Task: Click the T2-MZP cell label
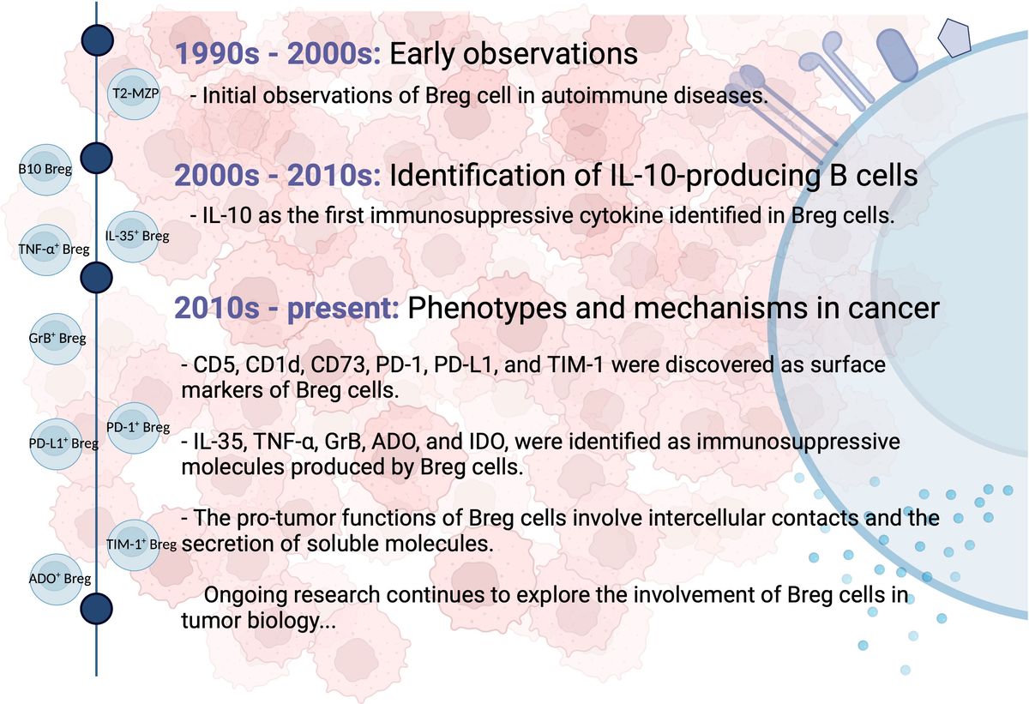pos(135,93)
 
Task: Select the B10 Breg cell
pos(45,170)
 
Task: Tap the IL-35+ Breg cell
pos(133,237)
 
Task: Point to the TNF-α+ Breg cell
pos(45,250)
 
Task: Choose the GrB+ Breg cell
pos(57,339)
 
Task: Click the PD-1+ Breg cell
pos(134,428)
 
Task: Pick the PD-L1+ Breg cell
pos(56,443)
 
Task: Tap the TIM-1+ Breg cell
pos(133,545)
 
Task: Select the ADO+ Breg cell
pos(56,579)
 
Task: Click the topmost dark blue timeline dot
pos(98,40)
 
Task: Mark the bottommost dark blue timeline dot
pos(96,609)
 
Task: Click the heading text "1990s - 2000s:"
pos(278,54)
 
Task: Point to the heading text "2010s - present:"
pos(286,308)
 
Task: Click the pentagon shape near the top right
pos(954,38)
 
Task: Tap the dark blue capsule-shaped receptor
pos(897,56)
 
